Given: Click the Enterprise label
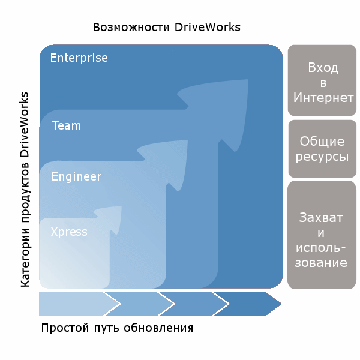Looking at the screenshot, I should tap(79, 58).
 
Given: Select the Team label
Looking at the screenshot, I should tap(66, 126).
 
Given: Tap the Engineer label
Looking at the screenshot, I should tap(76, 177).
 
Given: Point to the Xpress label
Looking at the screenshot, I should tap(69, 232).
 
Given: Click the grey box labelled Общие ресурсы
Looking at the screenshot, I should tap(323, 149).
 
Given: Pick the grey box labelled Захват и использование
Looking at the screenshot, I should tap(323, 235).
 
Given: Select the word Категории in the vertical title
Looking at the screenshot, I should tap(25, 258).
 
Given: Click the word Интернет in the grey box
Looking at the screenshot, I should tap(323, 98).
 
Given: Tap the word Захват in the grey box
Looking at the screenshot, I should tap(323, 217).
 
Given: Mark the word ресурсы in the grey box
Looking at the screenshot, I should tap(323, 157).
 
